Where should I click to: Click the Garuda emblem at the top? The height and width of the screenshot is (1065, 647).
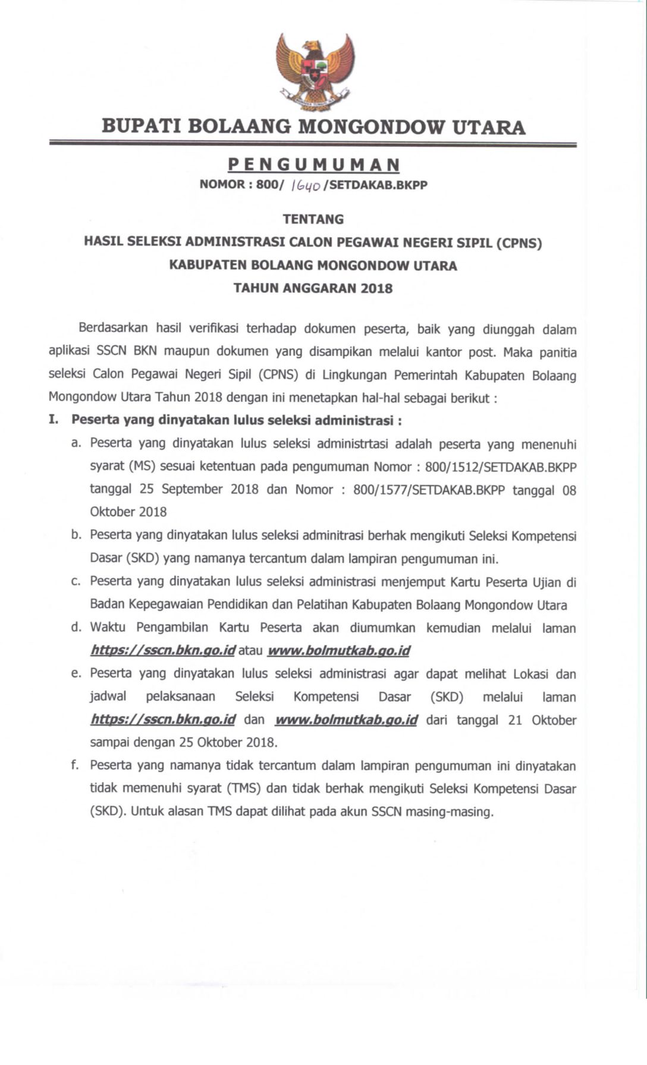point(315,72)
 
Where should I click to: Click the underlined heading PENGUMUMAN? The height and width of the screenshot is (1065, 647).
point(314,165)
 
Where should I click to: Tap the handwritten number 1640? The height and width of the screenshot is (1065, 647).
point(306,185)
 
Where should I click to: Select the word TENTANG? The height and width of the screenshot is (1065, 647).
point(313,219)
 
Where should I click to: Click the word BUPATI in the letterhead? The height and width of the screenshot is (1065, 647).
point(140,127)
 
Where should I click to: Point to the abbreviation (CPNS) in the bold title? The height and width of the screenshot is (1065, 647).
point(519,242)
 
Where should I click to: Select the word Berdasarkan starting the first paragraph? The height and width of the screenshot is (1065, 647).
point(113,328)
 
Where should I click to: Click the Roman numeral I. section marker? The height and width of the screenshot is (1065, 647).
point(54,420)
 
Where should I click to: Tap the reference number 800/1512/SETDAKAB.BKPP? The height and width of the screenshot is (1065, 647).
point(501,467)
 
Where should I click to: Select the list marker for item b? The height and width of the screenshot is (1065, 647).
point(76,535)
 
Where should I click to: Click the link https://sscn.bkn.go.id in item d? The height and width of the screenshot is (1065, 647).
point(163,651)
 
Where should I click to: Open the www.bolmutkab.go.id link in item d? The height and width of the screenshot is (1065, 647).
point(339,651)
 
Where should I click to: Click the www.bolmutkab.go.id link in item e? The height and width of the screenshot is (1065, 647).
point(346,720)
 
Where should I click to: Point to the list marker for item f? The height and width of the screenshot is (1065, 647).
point(75,765)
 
